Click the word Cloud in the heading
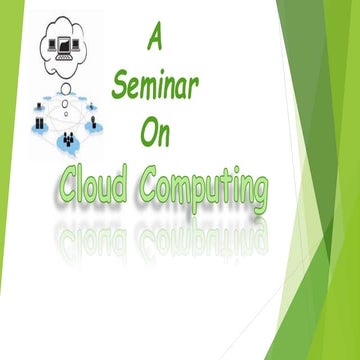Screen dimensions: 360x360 pos(95,185)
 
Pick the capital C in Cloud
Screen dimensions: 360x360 pos(67,185)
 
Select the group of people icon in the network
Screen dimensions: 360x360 pos(71,138)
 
